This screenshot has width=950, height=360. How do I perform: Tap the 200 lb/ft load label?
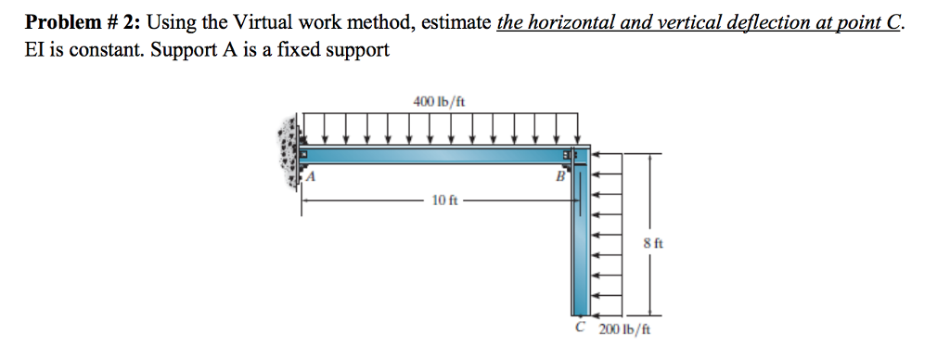624,329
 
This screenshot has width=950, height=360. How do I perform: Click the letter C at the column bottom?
581,328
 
